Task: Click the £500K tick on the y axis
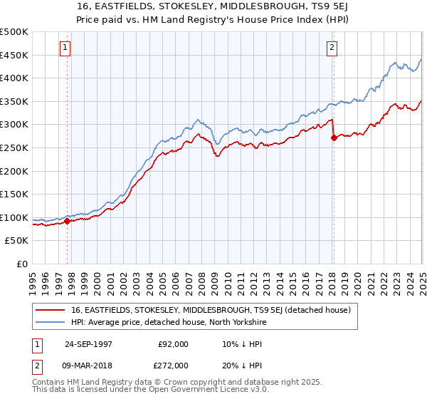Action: [x=14, y=32]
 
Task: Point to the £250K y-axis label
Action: [x=14, y=147]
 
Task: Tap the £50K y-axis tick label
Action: [x=17, y=241]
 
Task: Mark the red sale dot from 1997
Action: [x=68, y=221]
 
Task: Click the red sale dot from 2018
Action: [x=334, y=138]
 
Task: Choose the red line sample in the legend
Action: [x=51, y=310]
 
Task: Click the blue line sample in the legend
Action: [x=51, y=321]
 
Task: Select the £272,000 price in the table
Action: [x=173, y=364]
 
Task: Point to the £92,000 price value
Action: [x=173, y=343]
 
